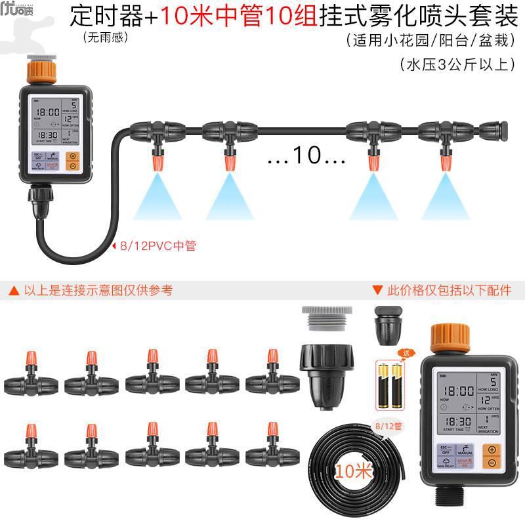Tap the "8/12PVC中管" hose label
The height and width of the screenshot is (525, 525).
click(x=157, y=246)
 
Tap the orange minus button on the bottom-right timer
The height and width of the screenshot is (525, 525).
click(x=492, y=463)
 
